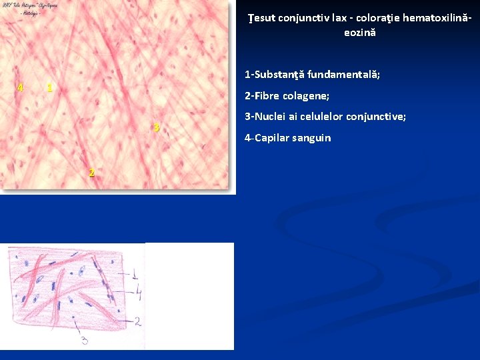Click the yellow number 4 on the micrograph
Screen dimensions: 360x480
coord(21,88)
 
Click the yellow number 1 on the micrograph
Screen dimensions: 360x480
coord(49,88)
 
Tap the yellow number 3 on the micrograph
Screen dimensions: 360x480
coord(156,127)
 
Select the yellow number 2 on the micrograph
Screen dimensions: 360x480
coord(91,173)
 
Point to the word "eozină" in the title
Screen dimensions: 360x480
coord(360,32)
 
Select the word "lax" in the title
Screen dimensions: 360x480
coord(340,18)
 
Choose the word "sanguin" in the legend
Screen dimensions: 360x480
coord(311,138)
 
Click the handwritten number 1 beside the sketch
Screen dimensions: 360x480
coord(135,274)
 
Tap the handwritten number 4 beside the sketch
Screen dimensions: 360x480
coord(138,291)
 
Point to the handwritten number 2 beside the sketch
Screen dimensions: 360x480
coord(137,321)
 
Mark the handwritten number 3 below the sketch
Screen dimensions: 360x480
coord(85,341)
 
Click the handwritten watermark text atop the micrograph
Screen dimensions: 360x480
coord(29,9)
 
